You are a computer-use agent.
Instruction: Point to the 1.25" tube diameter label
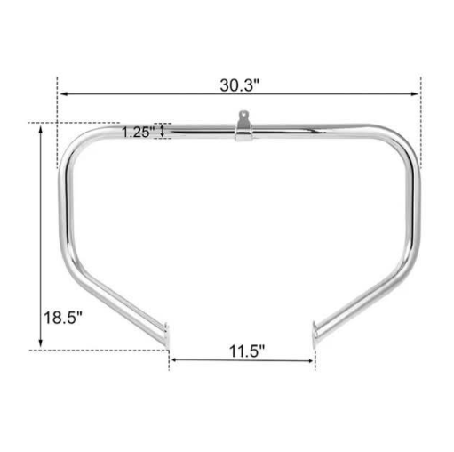coord(138,132)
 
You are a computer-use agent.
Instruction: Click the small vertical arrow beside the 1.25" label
coord(161,132)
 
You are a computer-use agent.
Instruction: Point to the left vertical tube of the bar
coord(65,214)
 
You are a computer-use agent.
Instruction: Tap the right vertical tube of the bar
coord(418,214)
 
